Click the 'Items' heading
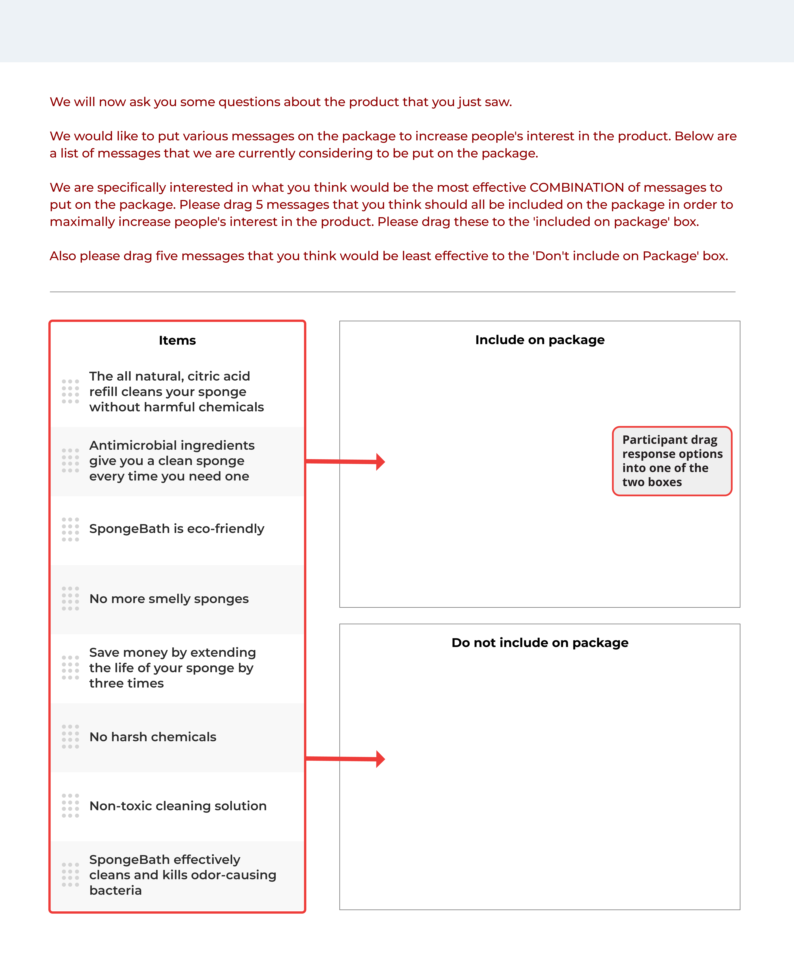pos(177,340)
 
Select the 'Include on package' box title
pos(540,340)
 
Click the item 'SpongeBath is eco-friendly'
pos(177,529)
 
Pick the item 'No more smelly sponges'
pos(169,599)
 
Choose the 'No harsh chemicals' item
pos(153,737)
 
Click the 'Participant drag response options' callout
pos(672,461)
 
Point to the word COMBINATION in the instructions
pos(577,188)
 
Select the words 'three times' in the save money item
pos(126,683)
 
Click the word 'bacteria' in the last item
pos(115,890)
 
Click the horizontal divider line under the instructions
pos(392,292)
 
